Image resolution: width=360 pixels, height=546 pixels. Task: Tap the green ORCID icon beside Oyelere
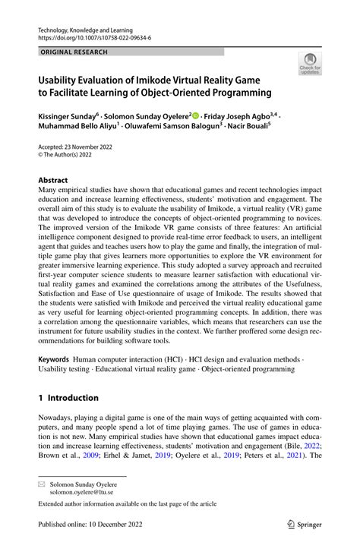coord(197,116)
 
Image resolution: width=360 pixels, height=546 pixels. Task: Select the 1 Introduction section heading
coord(68,398)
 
